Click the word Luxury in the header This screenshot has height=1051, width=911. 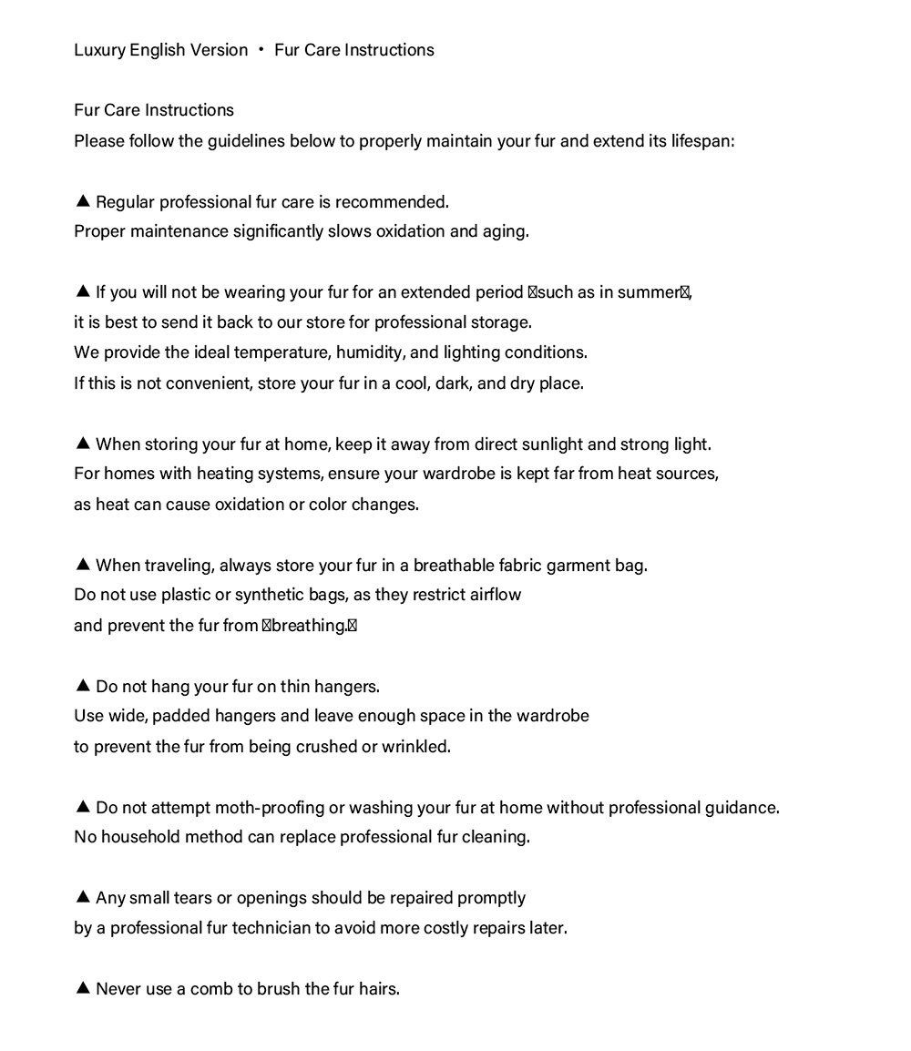[99, 50]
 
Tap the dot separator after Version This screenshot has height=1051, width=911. [261, 49]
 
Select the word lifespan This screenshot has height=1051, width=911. [701, 141]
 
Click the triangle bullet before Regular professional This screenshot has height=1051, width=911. [83, 200]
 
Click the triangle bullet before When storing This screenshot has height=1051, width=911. [83, 444]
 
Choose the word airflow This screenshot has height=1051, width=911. [496, 596]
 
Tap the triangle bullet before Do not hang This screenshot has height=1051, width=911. [83, 686]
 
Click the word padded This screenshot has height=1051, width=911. [181, 717]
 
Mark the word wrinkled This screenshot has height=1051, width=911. [416, 747]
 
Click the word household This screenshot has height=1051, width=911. [140, 837]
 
